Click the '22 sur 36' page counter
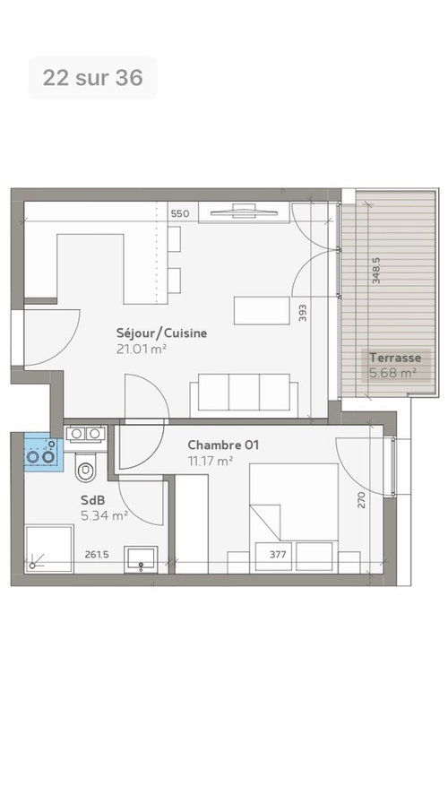tap(93, 78)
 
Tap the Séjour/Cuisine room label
tap(161, 333)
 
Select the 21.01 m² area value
tap(142, 350)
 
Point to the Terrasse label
tap(395, 358)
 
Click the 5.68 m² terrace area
tap(392, 373)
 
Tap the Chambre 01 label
tap(223, 445)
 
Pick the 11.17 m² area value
tap(211, 461)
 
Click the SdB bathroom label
tap(93, 500)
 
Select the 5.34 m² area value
tap(104, 516)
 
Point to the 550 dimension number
tap(180, 214)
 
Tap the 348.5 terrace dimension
tap(376, 271)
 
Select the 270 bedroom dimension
tap(361, 499)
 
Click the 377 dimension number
tap(278, 554)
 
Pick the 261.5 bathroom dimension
tap(96, 554)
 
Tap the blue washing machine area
tap(44, 452)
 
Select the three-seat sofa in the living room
tap(244, 395)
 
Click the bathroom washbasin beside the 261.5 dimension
tap(141, 560)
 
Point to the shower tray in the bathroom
tap(48, 549)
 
